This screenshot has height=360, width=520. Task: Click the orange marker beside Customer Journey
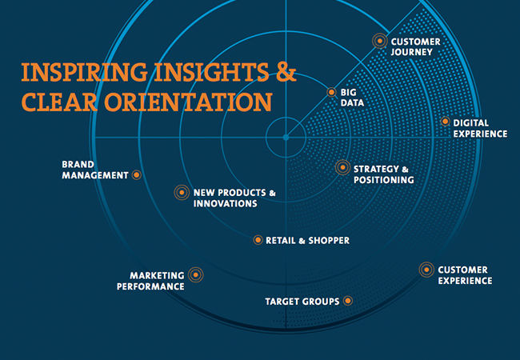(x=380, y=41)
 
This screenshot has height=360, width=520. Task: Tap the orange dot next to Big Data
(x=331, y=92)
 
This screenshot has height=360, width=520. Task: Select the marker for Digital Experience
(x=445, y=122)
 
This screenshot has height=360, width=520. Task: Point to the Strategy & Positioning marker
(x=342, y=167)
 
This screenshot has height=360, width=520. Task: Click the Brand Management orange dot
(x=136, y=174)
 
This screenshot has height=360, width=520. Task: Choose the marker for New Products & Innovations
(x=182, y=192)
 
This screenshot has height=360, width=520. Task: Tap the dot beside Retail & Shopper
(x=258, y=240)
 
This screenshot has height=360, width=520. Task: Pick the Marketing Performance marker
(x=196, y=275)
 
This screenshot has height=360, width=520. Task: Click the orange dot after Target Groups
(x=347, y=301)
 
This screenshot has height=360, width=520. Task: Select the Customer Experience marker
(x=426, y=270)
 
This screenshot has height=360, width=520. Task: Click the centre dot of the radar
(x=286, y=138)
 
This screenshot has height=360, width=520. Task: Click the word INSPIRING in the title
(x=84, y=72)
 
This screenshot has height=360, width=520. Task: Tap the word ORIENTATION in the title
(x=188, y=102)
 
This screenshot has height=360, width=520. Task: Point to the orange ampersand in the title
(x=286, y=72)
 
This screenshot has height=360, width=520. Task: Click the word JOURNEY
(x=411, y=52)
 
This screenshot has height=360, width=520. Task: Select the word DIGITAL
(x=471, y=123)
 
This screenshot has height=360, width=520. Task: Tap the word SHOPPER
(x=329, y=240)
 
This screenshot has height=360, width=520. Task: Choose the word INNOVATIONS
(x=226, y=203)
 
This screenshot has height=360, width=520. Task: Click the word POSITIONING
(x=384, y=180)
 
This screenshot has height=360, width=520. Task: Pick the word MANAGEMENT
(x=95, y=175)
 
